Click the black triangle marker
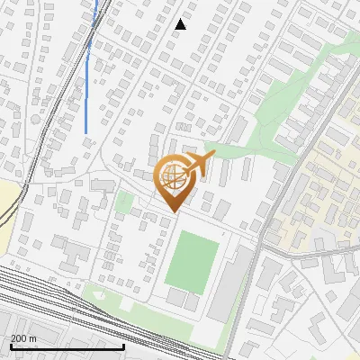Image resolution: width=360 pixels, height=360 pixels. click(x=181, y=24)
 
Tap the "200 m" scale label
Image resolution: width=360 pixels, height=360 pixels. click(x=23, y=337)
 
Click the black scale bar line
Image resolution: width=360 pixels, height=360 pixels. click(x=67, y=346)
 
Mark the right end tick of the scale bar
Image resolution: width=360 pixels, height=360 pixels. click(x=123, y=345)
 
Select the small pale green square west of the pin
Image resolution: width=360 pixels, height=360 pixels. click(x=124, y=202)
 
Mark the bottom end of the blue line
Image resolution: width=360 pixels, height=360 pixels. click(x=86, y=133)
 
